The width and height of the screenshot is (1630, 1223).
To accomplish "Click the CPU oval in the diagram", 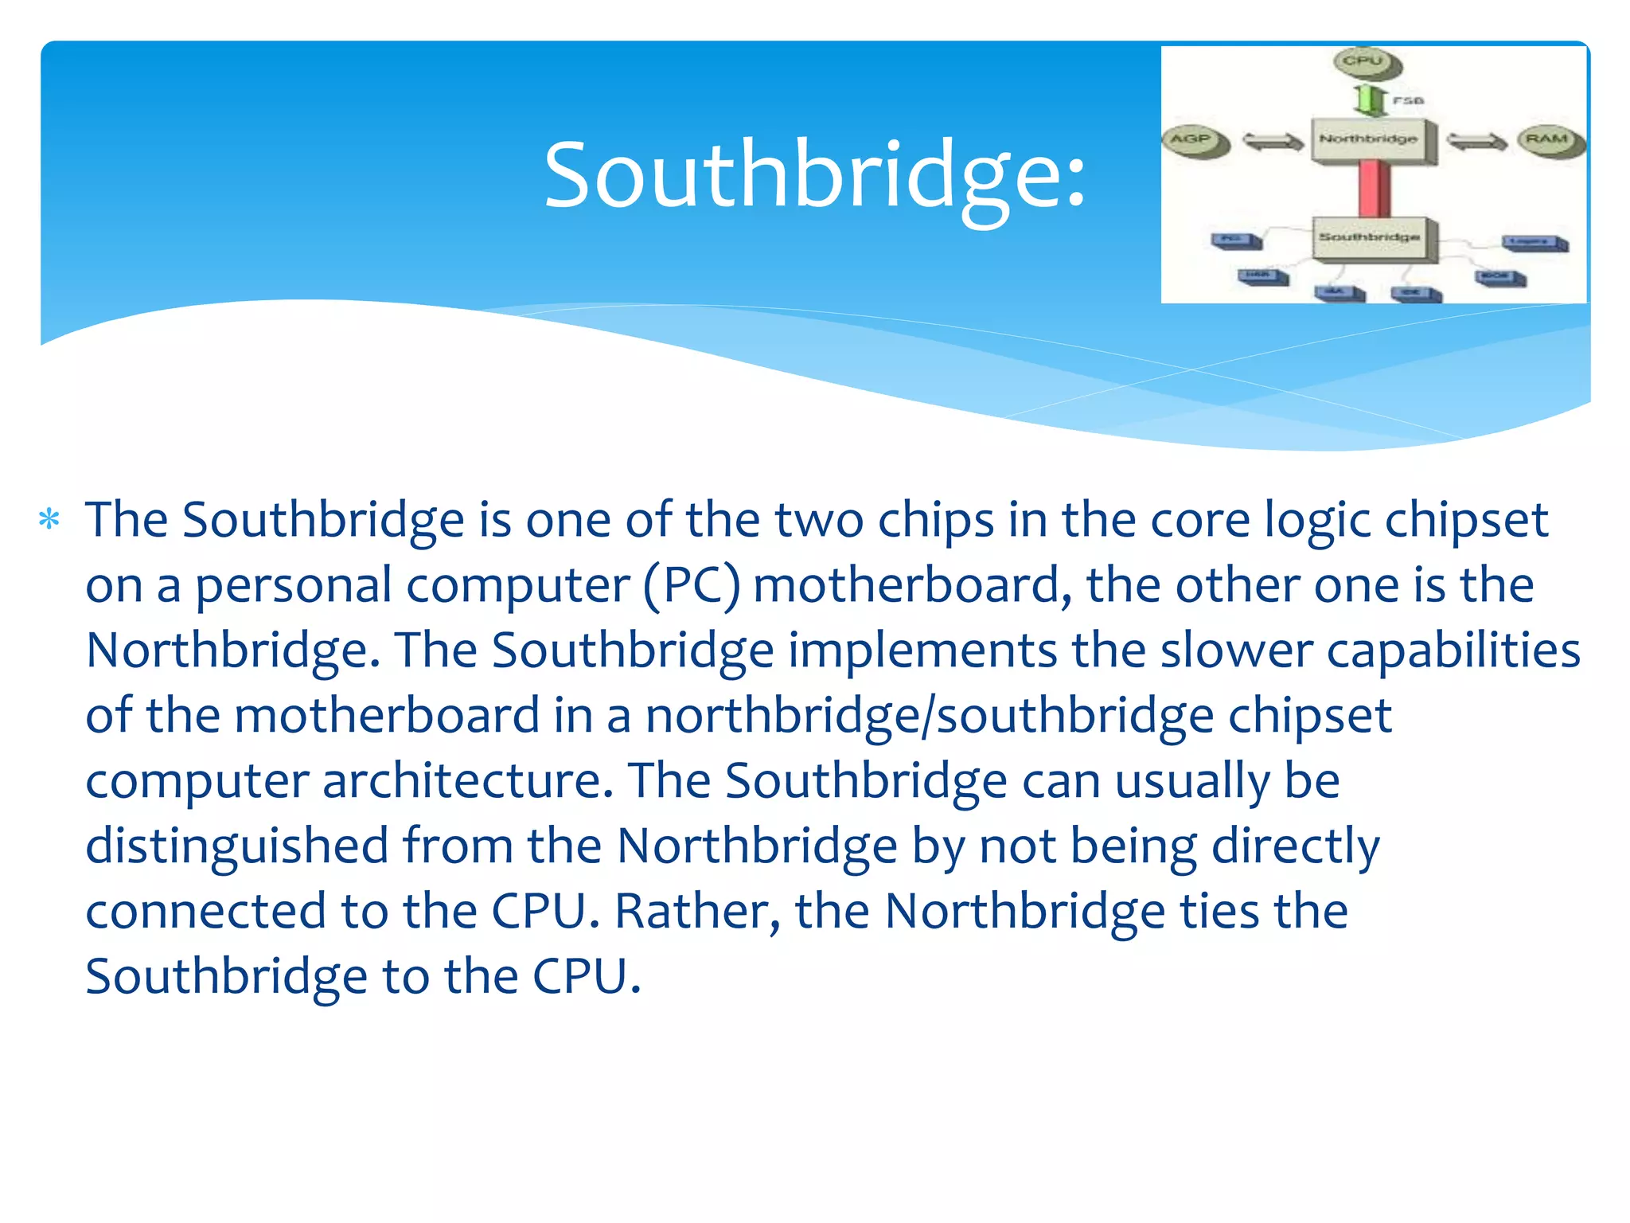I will [1364, 62].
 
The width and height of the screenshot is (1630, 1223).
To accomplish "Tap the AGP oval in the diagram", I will [1193, 140].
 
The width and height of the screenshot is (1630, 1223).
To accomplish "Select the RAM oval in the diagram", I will [1549, 140].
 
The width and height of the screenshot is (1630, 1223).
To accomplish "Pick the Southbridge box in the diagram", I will [1372, 238].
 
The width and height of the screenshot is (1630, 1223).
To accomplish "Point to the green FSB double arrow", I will [1369, 100].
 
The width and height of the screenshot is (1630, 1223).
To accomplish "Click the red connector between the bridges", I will [1373, 188].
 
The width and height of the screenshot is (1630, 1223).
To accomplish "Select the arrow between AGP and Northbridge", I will [1273, 142].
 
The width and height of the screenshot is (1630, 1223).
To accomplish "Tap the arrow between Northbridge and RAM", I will [1476, 142].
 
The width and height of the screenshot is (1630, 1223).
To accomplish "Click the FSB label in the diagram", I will [1408, 100].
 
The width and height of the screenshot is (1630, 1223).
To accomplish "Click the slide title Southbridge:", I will [814, 174].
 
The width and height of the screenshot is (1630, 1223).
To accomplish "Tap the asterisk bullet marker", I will [49, 520].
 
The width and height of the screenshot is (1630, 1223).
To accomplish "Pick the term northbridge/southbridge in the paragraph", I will [929, 716].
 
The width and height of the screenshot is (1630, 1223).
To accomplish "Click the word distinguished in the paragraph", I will [236, 846].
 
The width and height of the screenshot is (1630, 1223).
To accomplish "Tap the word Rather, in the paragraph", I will [697, 911].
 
